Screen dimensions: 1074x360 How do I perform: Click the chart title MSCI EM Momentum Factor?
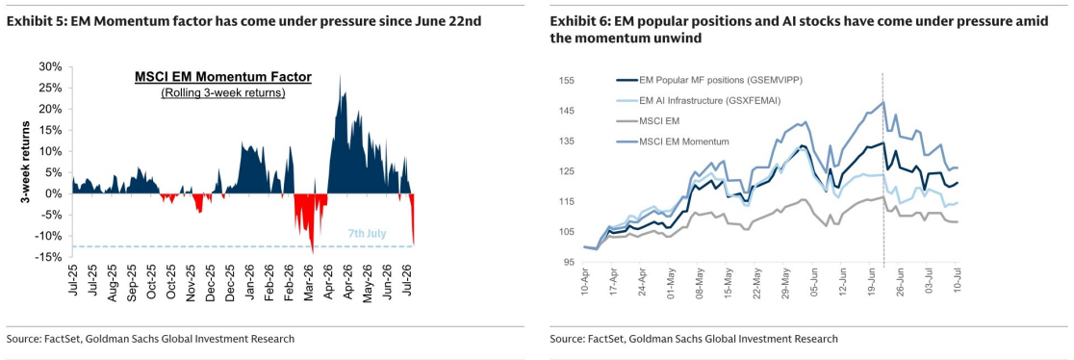(x=222, y=77)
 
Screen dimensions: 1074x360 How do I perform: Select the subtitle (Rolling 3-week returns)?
(x=222, y=93)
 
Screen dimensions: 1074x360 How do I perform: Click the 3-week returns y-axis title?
(x=25, y=162)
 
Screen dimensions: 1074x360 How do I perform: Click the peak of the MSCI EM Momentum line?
(x=882, y=102)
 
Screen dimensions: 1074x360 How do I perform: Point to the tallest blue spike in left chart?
(x=341, y=75)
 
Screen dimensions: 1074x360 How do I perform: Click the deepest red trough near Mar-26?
(x=313, y=253)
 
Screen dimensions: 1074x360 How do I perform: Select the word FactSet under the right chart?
(x=605, y=339)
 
